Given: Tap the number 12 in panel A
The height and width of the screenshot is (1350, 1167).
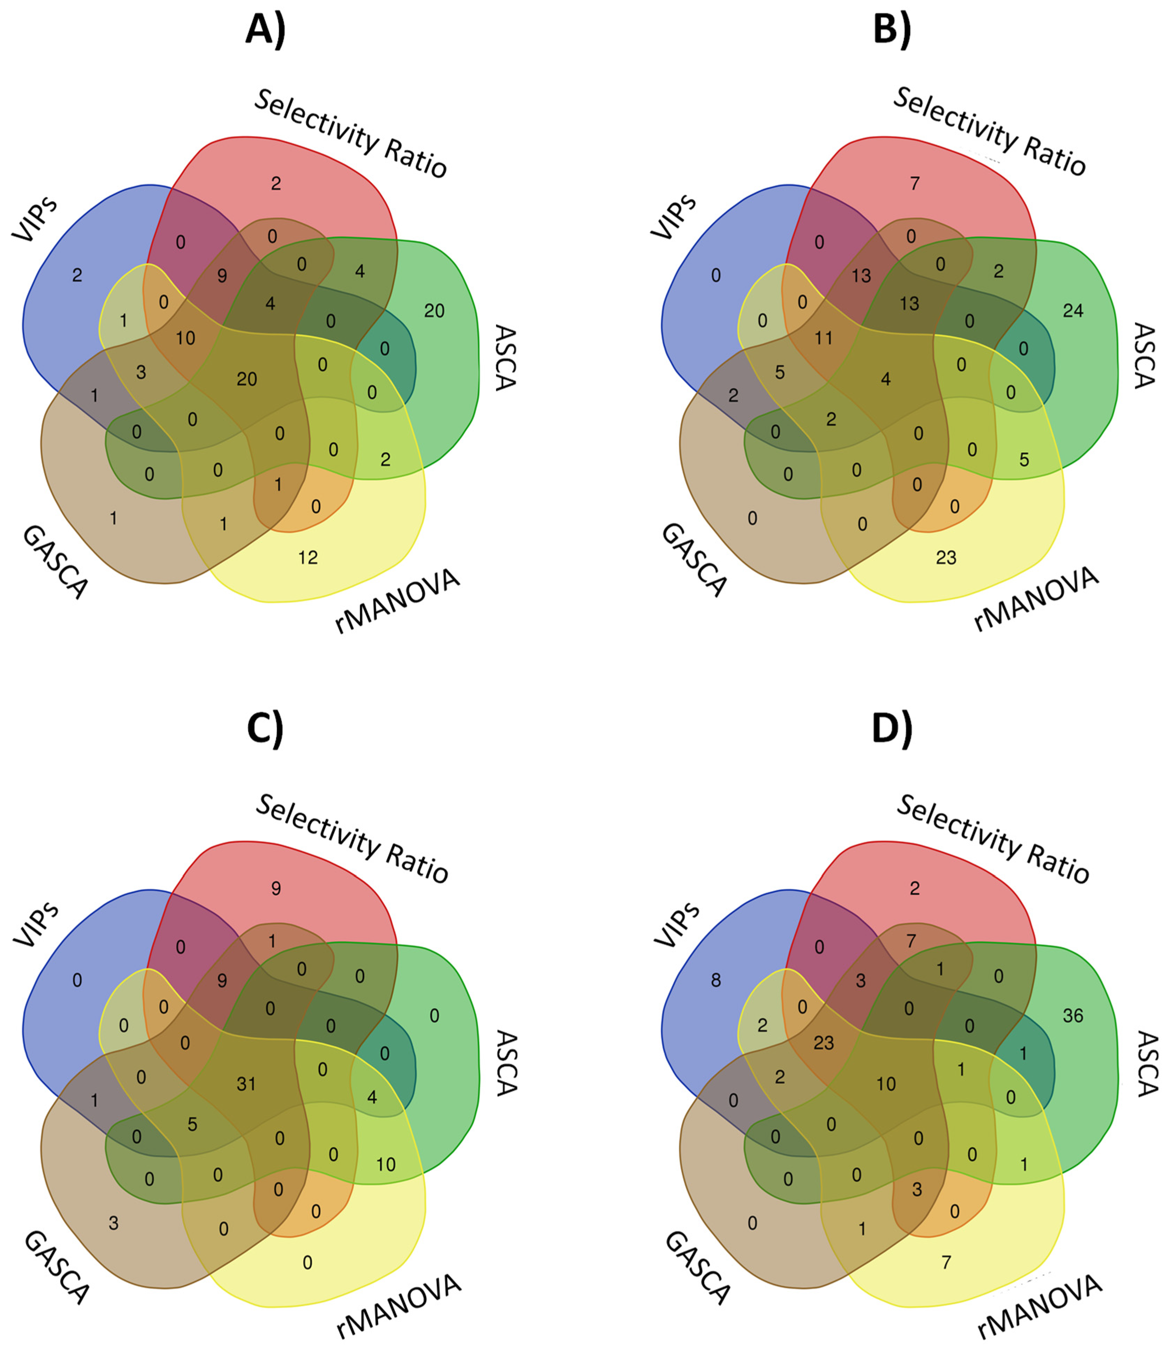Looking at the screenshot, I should (308, 558).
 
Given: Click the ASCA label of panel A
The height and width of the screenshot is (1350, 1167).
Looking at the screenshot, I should (505, 357).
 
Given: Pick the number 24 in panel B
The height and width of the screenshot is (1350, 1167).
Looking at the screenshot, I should (1073, 311).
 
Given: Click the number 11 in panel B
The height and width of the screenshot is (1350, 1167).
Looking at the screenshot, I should (824, 338).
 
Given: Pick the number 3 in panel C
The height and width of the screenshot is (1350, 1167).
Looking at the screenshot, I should (113, 1223).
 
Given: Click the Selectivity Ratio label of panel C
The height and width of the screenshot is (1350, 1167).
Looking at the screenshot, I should (352, 838).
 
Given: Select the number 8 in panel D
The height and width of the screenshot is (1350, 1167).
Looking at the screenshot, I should (716, 981).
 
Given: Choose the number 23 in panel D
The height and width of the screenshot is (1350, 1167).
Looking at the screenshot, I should (824, 1043).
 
